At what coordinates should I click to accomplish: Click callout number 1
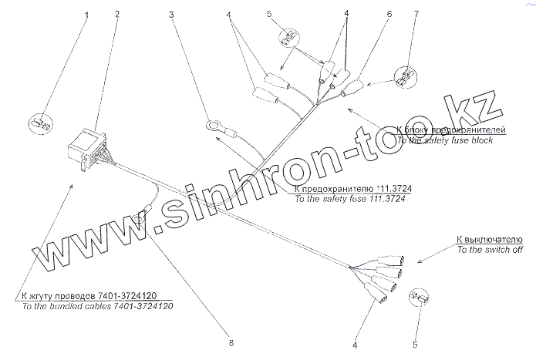coord(87,14)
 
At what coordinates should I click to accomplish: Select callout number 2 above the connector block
coord(116,14)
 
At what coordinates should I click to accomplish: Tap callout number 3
coord(172,14)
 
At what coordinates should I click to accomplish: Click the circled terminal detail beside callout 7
coord(403,76)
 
